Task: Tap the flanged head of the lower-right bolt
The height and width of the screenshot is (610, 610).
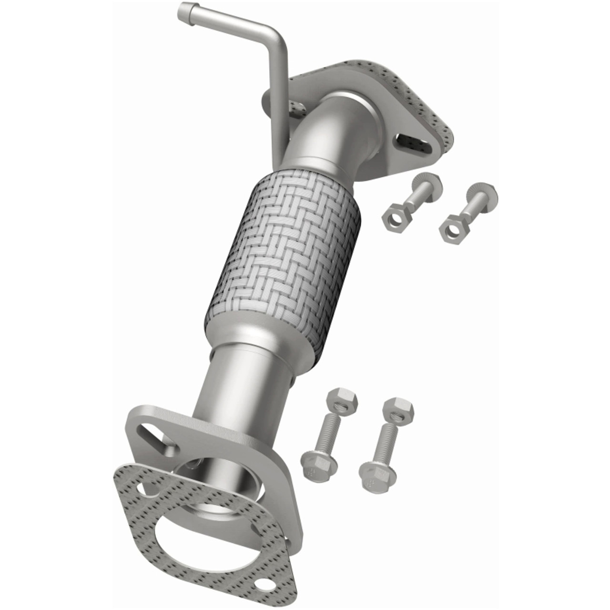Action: click(x=376, y=472)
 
